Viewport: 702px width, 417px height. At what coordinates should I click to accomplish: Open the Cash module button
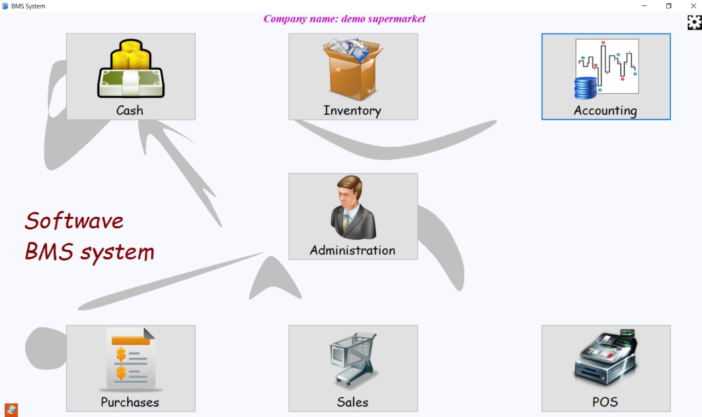point(131,76)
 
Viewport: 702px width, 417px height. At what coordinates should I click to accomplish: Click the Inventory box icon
point(353,69)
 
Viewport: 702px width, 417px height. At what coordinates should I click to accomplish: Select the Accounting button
point(605,76)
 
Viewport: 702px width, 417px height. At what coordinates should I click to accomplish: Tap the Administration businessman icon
point(353,207)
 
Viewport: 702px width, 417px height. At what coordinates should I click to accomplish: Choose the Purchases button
point(131,368)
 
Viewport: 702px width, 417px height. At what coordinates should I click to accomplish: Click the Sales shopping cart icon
point(353,360)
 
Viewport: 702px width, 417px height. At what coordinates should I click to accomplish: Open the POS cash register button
point(605,368)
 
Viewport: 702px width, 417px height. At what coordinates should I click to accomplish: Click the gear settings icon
point(694,22)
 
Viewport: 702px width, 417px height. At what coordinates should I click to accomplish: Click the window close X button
point(693,6)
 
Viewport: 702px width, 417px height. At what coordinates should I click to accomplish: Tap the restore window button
point(669,6)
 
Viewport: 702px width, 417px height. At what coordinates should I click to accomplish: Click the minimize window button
point(644,6)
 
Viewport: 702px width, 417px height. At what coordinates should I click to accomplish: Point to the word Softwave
point(74,221)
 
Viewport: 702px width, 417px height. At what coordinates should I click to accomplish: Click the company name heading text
point(344,19)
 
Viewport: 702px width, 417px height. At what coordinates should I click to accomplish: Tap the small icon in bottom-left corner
point(11,410)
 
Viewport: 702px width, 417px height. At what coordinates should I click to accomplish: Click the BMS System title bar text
point(29,6)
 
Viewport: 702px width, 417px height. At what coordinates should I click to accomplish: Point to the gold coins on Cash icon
point(131,54)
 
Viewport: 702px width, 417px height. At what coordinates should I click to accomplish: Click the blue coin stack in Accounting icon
point(586,88)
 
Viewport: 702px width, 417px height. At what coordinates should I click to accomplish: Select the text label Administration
point(353,250)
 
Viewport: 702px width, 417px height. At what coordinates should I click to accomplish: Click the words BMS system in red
point(89,252)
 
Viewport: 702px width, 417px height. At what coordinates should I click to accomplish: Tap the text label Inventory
point(352,110)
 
